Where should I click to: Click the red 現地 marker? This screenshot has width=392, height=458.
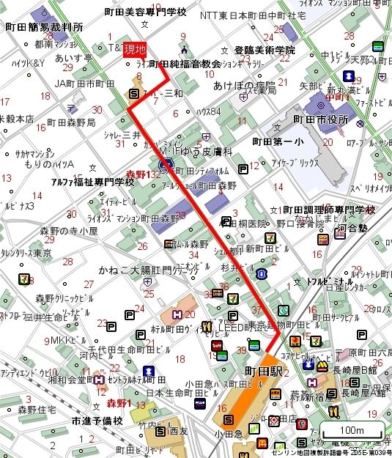pos(135,50)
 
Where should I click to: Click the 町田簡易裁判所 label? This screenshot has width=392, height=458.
pos(43,27)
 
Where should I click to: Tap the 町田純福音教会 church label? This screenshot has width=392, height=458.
pos(185,64)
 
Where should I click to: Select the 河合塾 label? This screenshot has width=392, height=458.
pos(352,230)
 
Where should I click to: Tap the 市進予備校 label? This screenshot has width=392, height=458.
pos(97,421)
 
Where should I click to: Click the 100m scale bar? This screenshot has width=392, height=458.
pos(353,430)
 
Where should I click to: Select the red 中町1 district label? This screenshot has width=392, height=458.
pos(339,95)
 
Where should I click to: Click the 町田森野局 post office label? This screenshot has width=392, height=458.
pos(70,123)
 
